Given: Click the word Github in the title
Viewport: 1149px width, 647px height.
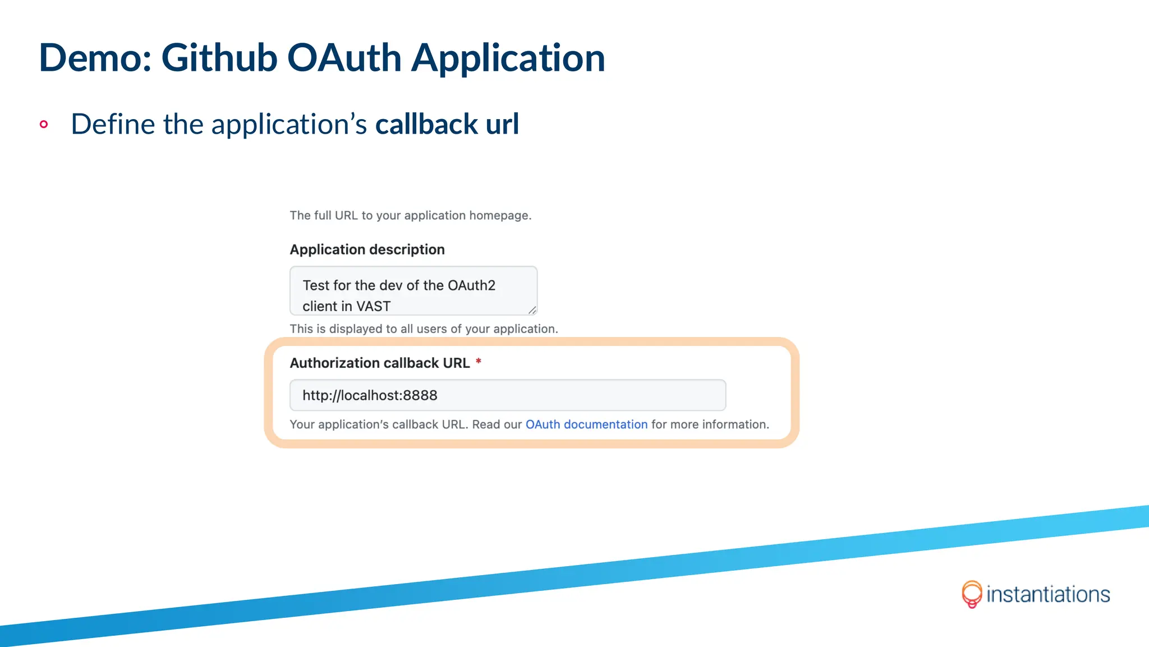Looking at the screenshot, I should pyautogui.click(x=219, y=58).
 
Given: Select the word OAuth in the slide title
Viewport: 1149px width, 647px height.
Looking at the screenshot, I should pyautogui.click(x=344, y=58).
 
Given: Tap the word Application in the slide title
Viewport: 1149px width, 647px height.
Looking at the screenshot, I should pyautogui.click(x=508, y=59).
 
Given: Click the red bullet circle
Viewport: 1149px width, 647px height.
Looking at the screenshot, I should pyautogui.click(x=44, y=124).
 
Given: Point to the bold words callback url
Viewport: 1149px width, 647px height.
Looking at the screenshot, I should pyautogui.click(x=447, y=124).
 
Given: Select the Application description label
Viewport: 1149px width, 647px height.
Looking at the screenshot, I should pyautogui.click(x=367, y=249).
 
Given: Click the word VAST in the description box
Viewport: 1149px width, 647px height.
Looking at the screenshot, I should pyautogui.click(x=373, y=306).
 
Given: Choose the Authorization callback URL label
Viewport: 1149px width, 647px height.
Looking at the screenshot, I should pyautogui.click(x=379, y=363).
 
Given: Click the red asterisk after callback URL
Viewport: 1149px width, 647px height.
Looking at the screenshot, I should pyautogui.click(x=479, y=362).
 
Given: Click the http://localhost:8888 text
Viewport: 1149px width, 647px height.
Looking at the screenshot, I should pyautogui.click(x=370, y=395).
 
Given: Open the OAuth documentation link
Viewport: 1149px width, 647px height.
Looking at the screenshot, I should pyautogui.click(x=586, y=425).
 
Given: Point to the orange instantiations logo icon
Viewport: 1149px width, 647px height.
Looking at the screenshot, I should pyautogui.click(x=972, y=594).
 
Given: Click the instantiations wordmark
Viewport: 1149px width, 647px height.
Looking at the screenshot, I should pyautogui.click(x=1048, y=594).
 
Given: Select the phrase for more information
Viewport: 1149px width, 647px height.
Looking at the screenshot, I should pyautogui.click(x=710, y=425).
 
